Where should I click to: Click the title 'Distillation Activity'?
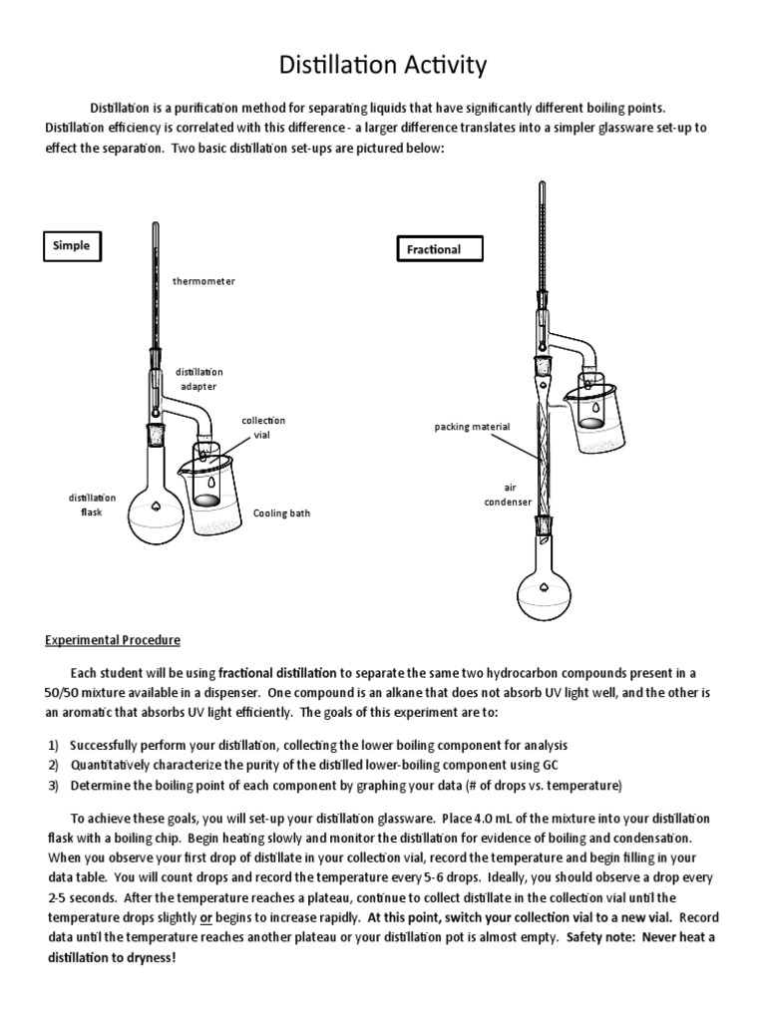(x=382, y=66)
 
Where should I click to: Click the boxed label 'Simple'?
(x=71, y=246)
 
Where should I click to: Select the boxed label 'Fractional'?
(x=433, y=249)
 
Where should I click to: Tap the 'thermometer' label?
(x=203, y=281)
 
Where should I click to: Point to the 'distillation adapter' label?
(x=199, y=379)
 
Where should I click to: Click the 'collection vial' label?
(x=261, y=428)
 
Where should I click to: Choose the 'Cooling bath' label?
(x=281, y=513)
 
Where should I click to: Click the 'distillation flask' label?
(x=92, y=506)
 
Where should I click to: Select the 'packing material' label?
(x=472, y=427)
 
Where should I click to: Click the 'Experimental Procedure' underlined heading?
(x=113, y=640)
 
